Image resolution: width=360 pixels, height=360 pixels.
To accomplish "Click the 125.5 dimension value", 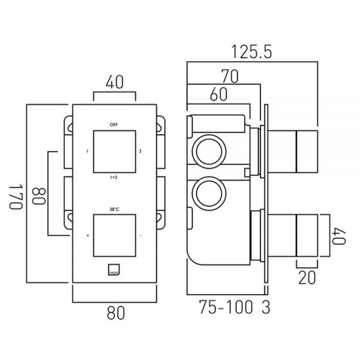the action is point(251,52).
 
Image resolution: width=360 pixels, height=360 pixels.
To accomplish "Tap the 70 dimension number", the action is point(230,76).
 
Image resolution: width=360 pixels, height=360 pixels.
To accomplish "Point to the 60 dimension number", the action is point(218,94).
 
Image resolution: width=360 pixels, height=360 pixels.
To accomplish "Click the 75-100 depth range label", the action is point(226,307).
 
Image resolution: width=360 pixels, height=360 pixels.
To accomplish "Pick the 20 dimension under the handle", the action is point(307,278).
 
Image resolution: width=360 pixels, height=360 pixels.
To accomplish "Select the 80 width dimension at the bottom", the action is point(116,313).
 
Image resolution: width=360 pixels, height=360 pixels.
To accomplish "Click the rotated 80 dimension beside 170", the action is point(39,196).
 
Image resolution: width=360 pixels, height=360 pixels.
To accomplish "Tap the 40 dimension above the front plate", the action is point(115,82).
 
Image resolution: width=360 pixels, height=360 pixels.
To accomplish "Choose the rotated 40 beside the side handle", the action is point(339,236).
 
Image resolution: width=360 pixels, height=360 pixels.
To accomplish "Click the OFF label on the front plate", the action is point(114,125).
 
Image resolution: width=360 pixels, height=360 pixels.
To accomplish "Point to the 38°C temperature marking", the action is point(115,209).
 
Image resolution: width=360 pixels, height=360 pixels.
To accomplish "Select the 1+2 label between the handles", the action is point(114,177).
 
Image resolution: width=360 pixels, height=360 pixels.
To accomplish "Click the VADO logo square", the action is point(114,270).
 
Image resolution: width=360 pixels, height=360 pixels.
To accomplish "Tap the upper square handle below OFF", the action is point(115,152).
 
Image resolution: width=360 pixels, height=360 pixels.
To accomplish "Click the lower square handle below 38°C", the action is point(115,236).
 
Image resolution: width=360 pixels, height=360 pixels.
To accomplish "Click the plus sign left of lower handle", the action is point(88,236).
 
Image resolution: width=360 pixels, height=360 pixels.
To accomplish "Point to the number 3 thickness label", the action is point(266,307).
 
